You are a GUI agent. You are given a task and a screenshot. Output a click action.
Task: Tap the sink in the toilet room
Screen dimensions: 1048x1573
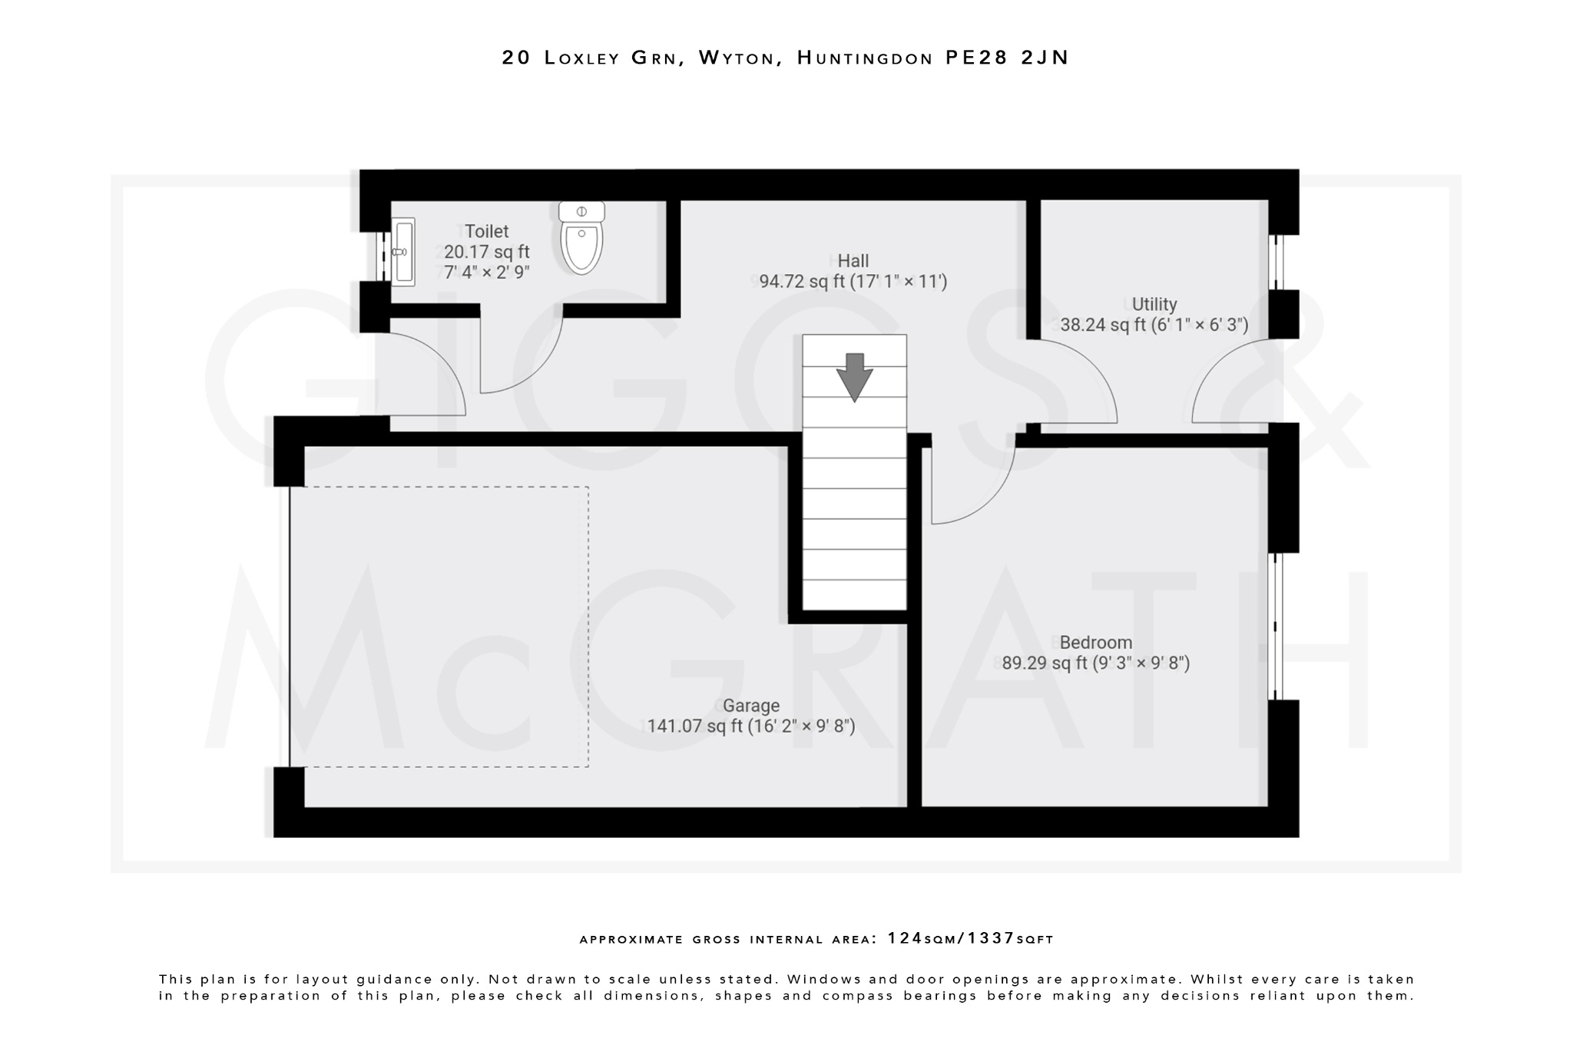pos(402,252)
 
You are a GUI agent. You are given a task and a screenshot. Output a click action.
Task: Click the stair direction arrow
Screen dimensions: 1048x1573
pos(854,377)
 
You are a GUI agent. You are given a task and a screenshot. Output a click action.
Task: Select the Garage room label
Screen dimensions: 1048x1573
pos(750,706)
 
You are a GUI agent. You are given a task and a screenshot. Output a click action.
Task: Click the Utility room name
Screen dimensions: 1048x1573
pos(1154,304)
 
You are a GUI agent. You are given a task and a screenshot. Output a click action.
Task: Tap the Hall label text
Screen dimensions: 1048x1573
pos(853,261)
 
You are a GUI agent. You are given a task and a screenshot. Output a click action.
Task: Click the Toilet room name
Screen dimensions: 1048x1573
pos(486,231)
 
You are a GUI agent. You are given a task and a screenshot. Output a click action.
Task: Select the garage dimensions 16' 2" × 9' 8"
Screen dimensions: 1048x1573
pos(801,726)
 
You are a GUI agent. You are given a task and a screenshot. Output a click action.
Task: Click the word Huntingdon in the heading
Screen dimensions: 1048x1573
pos(865,58)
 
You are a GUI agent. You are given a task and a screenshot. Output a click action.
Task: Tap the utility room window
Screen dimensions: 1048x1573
pos(1276,262)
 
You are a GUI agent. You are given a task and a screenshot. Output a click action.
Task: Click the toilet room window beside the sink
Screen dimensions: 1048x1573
pos(382,256)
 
